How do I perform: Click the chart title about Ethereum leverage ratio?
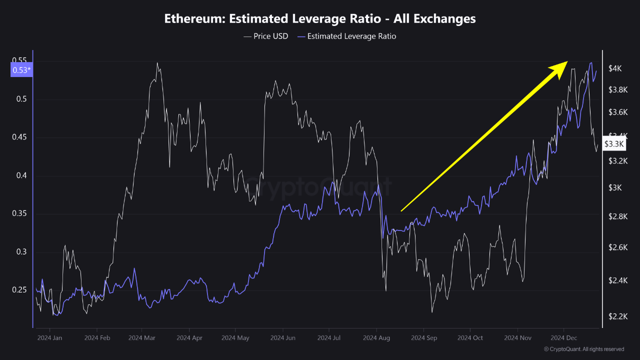pos(320,19)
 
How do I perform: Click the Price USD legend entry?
pos(265,36)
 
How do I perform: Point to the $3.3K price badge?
pos(614,144)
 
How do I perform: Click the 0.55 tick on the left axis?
pos(20,61)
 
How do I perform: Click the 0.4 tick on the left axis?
pos(22,175)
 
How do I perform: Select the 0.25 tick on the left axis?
pos(20,290)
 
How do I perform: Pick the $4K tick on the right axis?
pos(615,69)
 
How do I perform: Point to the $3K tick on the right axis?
pos(614,187)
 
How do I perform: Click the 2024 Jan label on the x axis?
pos(49,338)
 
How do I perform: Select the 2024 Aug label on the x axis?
pos(377,338)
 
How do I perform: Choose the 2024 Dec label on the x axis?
pos(563,338)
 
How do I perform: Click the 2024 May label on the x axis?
pos(236,338)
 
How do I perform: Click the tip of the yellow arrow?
pos(567,62)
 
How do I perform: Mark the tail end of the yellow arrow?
pos(401,211)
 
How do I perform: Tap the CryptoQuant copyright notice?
pos(583,349)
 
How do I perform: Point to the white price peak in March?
pos(157,63)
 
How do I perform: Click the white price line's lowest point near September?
pos(431,312)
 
